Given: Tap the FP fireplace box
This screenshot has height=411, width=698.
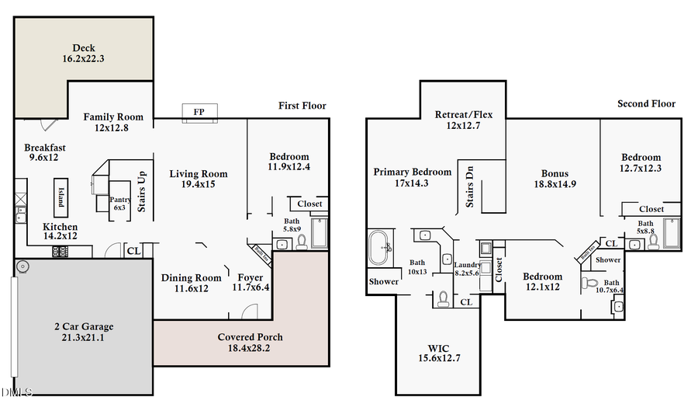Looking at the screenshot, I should tap(199, 113).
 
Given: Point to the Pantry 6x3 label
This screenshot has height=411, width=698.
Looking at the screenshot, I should tap(119, 204).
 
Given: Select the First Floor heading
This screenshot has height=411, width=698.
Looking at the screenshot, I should tap(302, 106).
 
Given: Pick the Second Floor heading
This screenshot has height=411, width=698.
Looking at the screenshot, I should tap(646, 103).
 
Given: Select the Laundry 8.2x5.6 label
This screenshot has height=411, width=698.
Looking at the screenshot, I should tap(467, 269).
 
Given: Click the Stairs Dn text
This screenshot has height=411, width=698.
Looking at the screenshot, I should tap(469, 184).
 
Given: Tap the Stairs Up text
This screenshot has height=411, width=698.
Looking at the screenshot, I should tap(142, 191).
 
